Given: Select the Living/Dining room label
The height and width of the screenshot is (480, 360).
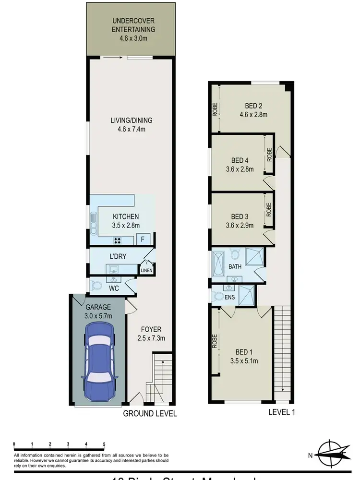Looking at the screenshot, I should coord(124,124).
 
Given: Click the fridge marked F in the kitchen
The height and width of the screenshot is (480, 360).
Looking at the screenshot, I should coord(142,239).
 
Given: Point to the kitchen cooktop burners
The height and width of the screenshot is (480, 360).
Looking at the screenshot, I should coord(118,240).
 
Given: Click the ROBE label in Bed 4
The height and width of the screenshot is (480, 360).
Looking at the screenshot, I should coord(269,154).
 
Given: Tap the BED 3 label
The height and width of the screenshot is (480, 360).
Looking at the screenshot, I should coord(240,216).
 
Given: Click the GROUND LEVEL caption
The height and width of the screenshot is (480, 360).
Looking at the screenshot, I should coord(150,413).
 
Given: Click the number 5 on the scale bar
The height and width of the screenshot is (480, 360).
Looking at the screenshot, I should coord(104,444).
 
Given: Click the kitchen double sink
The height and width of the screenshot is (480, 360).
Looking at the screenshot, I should coord(93,222).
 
